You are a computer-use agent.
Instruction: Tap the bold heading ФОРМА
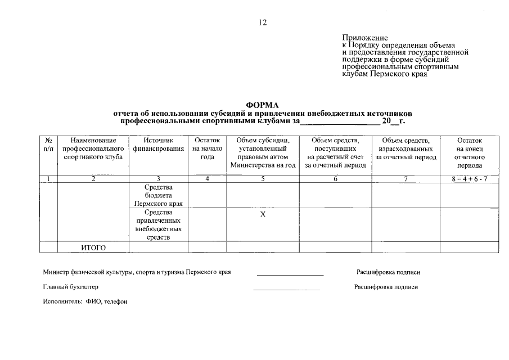click(262, 105)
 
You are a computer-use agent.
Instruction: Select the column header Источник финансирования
click(159, 145)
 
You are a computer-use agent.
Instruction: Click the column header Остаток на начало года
click(207, 148)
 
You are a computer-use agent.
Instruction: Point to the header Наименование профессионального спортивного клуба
click(93, 148)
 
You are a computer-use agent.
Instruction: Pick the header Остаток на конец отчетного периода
click(469, 153)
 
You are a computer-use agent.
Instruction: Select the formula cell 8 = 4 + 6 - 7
click(469, 179)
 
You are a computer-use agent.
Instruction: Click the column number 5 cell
click(263, 179)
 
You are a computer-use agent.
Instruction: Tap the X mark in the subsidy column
click(263, 214)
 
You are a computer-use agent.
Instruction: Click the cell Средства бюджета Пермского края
click(159, 195)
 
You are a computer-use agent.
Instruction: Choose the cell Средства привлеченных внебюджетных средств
click(159, 225)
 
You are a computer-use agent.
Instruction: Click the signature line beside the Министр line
click(290, 274)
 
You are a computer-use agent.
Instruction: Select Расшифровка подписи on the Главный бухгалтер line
click(386, 287)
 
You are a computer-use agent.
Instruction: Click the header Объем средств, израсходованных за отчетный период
click(406, 148)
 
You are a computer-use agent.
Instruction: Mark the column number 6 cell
click(335, 179)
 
